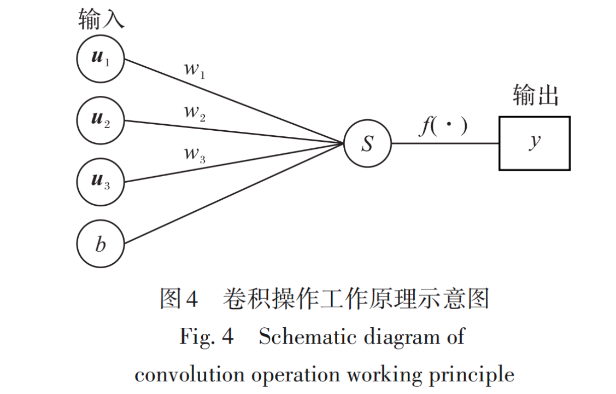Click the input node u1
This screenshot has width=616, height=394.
[x=101, y=59]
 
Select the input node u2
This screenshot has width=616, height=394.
[x=101, y=120]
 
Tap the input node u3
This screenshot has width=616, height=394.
[x=101, y=182]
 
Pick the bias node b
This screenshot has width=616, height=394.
[x=101, y=244]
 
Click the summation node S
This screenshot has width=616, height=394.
[x=368, y=143]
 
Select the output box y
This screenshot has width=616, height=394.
[x=534, y=143]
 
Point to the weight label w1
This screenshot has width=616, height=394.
[x=195, y=71]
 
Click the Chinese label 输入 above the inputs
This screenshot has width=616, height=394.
[x=102, y=20]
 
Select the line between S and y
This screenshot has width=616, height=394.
[x=445, y=144]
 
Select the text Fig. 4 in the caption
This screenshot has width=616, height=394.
[x=207, y=337]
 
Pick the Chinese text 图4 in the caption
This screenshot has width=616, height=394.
[x=178, y=299]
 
